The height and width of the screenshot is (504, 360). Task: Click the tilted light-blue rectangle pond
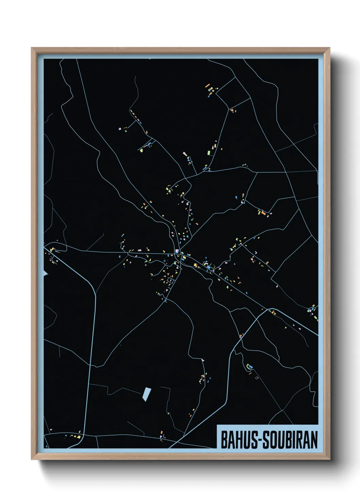pyautogui.click(x=147, y=394)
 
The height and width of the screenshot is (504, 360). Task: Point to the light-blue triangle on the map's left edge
pyautogui.click(x=46, y=273)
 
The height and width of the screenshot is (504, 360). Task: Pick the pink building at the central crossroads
pyautogui.click(x=177, y=251)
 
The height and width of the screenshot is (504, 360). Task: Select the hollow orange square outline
pyautogui.click(x=257, y=377)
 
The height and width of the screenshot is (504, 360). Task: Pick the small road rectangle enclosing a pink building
pyautogui.click(x=170, y=280)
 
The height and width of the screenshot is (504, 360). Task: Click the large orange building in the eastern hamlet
pyautogui.click(x=263, y=213)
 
